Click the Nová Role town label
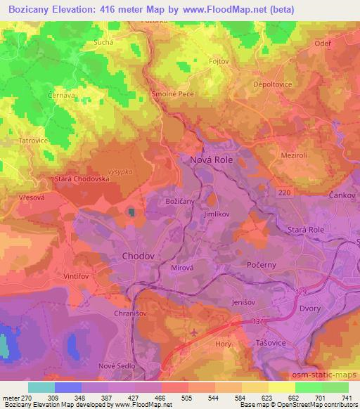tap(212, 160)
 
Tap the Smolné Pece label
tap(172, 93)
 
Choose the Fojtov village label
tap(219, 60)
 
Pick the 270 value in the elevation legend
tap(30, 398)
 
